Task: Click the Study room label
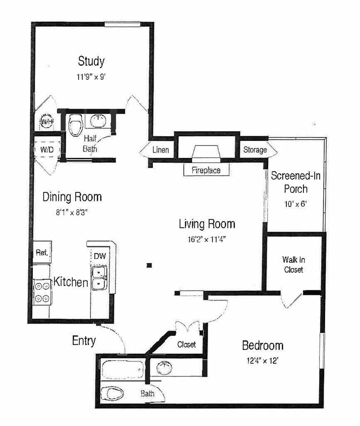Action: [x=91, y=62]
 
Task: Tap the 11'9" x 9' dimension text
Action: [x=91, y=77]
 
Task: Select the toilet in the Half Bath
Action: [x=75, y=123]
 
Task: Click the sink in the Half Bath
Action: [x=98, y=121]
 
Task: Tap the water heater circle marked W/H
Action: [x=47, y=122]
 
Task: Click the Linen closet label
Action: [x=161, y=150]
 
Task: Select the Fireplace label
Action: [x=205, y=170]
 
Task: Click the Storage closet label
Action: [x=255, y=150]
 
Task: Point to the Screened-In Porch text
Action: [x=296, y=182]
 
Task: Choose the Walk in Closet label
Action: [x=293, y=265]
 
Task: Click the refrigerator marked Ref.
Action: [x=41, y=254]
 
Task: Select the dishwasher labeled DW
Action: [x=100, y=256]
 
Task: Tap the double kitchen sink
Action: [x=100, y=278]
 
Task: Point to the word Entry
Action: [x=84, y=341]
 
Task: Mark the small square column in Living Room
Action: [x=148, y=264]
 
